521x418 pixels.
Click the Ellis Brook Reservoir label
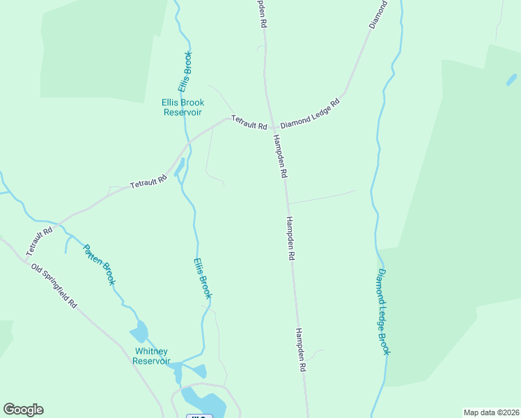[182, 107]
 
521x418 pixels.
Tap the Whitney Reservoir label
[152, 356]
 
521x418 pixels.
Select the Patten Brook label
[99, 264]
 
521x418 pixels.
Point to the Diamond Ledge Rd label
[310, 112]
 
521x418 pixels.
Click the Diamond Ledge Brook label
[384, 311]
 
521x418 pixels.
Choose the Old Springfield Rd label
[54, 286]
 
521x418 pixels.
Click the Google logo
[23, 410]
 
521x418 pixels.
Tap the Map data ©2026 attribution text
[491, 412]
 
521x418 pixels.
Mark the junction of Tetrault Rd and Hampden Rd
[271, 127]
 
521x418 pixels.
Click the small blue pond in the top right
[511, 79]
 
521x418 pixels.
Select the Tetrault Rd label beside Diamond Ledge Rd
[249, 123]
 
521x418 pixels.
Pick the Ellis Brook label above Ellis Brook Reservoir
[185, 72]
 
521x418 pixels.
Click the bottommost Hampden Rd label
[301, 350]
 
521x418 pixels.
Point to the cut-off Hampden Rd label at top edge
[261, 13]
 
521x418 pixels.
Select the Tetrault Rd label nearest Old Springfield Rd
[40, 241]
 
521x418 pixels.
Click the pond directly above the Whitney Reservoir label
[139, 331]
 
